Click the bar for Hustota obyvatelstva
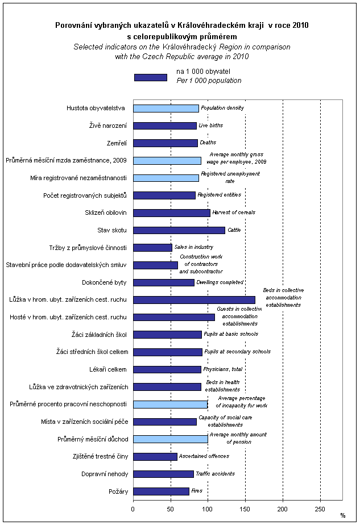(166, 109)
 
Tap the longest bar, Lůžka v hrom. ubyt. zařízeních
(194, 299)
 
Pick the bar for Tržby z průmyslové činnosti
(152, 248)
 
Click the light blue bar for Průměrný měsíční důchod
(171, 439)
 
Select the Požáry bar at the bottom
(161, 491)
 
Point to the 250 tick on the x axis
(321, 508)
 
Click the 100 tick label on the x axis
(208, 508)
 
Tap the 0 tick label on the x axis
(133, 508)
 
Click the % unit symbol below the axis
(343, 516)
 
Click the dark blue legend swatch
(151, 77)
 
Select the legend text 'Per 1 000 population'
(209, 81)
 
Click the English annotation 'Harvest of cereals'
(234, 213)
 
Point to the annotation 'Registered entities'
(220, 195)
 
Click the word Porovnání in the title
(71, 26)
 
